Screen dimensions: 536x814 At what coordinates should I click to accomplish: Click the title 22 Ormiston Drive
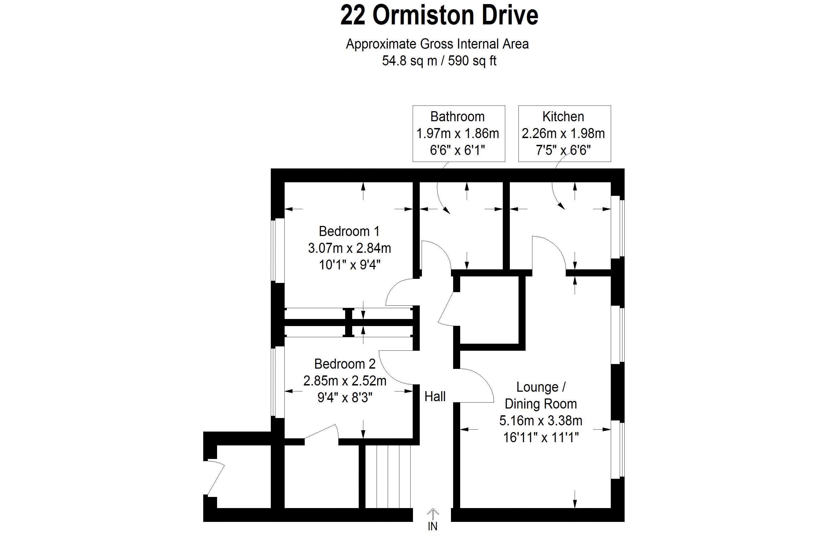pos(439,16)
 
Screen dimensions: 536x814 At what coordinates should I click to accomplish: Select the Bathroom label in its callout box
pos(457,117)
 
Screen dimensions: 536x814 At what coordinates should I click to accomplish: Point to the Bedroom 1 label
pos(349,231)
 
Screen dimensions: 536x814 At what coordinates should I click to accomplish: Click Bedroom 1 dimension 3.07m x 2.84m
pos(349,248)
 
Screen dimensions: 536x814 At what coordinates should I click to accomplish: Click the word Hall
pos(435,397)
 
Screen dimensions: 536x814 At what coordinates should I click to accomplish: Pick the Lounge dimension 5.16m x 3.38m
pos(540,420)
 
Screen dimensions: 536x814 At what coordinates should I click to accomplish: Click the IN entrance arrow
pos(433,515)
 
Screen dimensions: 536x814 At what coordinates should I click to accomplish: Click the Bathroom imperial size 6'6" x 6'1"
pos(457,150)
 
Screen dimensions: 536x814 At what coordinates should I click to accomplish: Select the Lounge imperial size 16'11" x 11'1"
pos(540,437)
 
